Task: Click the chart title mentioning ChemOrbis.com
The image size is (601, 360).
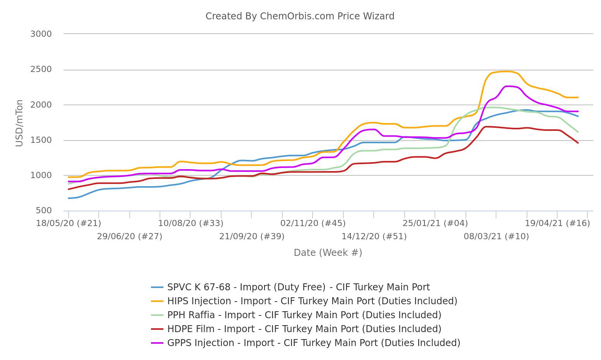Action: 300,16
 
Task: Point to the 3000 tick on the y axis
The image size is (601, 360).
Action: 41,34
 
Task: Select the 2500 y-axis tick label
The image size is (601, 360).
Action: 41,70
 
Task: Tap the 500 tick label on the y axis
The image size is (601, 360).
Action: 44,211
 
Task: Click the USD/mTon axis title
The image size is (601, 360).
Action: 19,123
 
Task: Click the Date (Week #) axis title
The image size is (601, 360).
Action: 328,253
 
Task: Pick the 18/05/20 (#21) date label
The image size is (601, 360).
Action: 69,223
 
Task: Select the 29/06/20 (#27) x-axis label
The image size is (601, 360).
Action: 129,237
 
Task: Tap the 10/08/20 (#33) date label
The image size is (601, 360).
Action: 191,223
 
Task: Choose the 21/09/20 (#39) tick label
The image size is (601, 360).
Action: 252,237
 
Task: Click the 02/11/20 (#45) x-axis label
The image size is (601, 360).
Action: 313,223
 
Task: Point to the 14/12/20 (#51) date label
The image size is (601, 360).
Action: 374,237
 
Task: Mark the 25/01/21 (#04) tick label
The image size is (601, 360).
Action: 435,223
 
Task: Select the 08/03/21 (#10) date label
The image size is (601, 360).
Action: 496,237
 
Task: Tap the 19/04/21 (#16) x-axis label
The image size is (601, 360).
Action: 557,223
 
